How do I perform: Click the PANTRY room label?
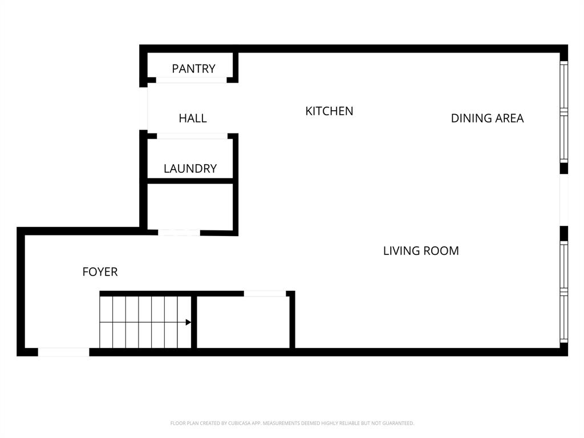click(193, 69)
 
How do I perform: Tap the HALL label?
click(193, 119)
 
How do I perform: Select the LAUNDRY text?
click(190, 169)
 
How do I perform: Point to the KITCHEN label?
click(329, 111)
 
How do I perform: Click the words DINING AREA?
click(487, 119)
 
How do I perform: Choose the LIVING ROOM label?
click(421, 251)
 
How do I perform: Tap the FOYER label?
click(100, 272)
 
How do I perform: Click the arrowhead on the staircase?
click(188, 322)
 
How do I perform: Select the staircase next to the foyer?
click(145, 322)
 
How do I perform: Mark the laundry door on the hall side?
click(192, 136)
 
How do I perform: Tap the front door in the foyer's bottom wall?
click(63, 352)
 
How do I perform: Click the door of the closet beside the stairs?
click(265, 294)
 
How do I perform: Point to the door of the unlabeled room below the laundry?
click(179, 233)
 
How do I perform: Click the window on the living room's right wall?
click(563, 291)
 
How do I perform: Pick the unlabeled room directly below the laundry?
click(190, 206)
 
